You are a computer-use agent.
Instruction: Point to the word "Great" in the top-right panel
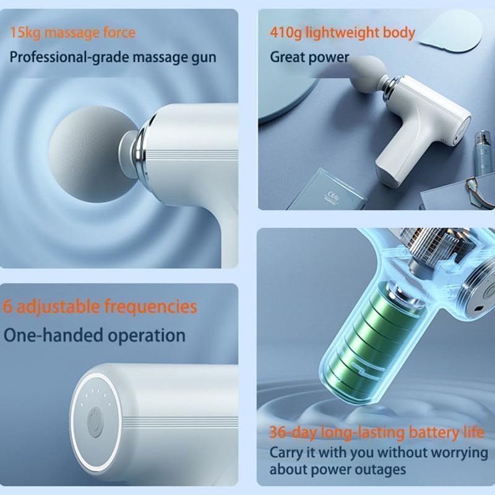click(x=289, y=57)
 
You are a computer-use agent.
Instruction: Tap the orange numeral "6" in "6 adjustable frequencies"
click(x=9, y=306)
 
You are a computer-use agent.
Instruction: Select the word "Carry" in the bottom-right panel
click(x=286, y=452)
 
